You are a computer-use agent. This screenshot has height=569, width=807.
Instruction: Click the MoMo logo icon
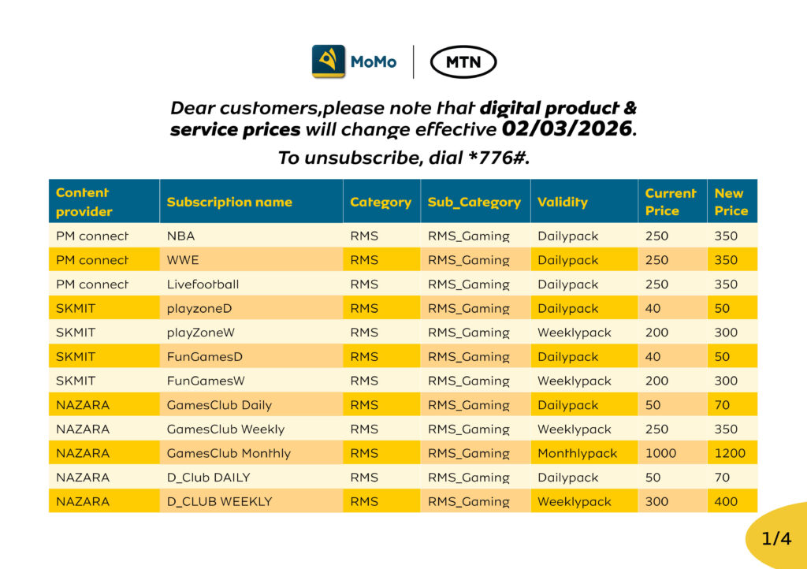328,61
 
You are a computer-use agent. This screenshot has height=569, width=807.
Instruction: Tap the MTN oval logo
463,62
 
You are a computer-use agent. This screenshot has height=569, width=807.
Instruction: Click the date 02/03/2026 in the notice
567,128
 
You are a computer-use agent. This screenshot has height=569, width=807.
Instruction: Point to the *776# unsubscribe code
499,158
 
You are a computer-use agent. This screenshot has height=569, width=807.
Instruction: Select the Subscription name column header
229,203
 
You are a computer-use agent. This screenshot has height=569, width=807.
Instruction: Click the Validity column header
563,203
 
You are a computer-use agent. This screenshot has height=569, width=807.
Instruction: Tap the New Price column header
731,202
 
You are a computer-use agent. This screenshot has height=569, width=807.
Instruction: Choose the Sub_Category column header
474,203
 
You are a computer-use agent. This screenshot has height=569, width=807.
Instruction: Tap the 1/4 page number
776,538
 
